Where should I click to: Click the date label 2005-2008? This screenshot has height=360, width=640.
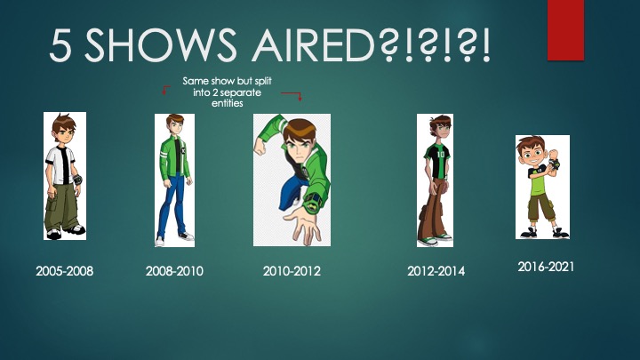(x=65, y=271)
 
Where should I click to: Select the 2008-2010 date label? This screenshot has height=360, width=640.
(x=174, y=271)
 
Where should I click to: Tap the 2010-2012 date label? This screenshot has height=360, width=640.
(x=292, y=271)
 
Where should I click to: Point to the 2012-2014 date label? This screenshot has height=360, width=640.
(x=436, y=271)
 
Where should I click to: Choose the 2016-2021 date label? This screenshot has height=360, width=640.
(x=546, y=267)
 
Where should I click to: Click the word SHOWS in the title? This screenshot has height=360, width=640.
(x=160, y=44)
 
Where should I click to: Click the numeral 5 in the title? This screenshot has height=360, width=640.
(x=60, y=45)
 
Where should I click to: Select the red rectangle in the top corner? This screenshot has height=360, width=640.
(x=565, y=30)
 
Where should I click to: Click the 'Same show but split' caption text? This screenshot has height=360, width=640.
(x=227, y=81)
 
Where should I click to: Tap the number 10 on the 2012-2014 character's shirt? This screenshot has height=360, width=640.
(x=440, y=155)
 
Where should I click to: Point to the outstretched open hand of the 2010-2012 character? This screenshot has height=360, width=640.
(x=304, y=224)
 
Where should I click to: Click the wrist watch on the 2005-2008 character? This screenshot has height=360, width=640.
(x=77, y=180)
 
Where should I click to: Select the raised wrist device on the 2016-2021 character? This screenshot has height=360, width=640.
(x=555, y=164)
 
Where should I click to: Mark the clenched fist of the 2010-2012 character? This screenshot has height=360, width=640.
(x=260, y=146)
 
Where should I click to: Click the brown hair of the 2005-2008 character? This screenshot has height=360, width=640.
(x=62, y=123)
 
